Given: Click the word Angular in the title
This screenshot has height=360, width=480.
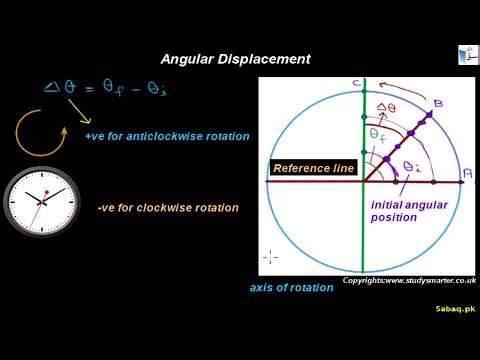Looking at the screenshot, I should click(187, 59).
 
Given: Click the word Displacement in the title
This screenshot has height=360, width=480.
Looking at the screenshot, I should click(262, 59).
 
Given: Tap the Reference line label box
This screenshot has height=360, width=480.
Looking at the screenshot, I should click(313, 169).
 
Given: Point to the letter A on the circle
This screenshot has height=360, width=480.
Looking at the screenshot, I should click(467, 174).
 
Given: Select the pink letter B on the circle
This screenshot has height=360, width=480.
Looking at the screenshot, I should click(436, 104).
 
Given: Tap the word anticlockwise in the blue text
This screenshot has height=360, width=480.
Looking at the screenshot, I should click(177, 136).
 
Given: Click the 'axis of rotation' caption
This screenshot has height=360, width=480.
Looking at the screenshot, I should click(291, 288).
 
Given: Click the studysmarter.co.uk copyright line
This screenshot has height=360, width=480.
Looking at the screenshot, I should click(407, 281).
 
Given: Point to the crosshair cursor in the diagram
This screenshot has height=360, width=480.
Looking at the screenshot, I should click(268, 257).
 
